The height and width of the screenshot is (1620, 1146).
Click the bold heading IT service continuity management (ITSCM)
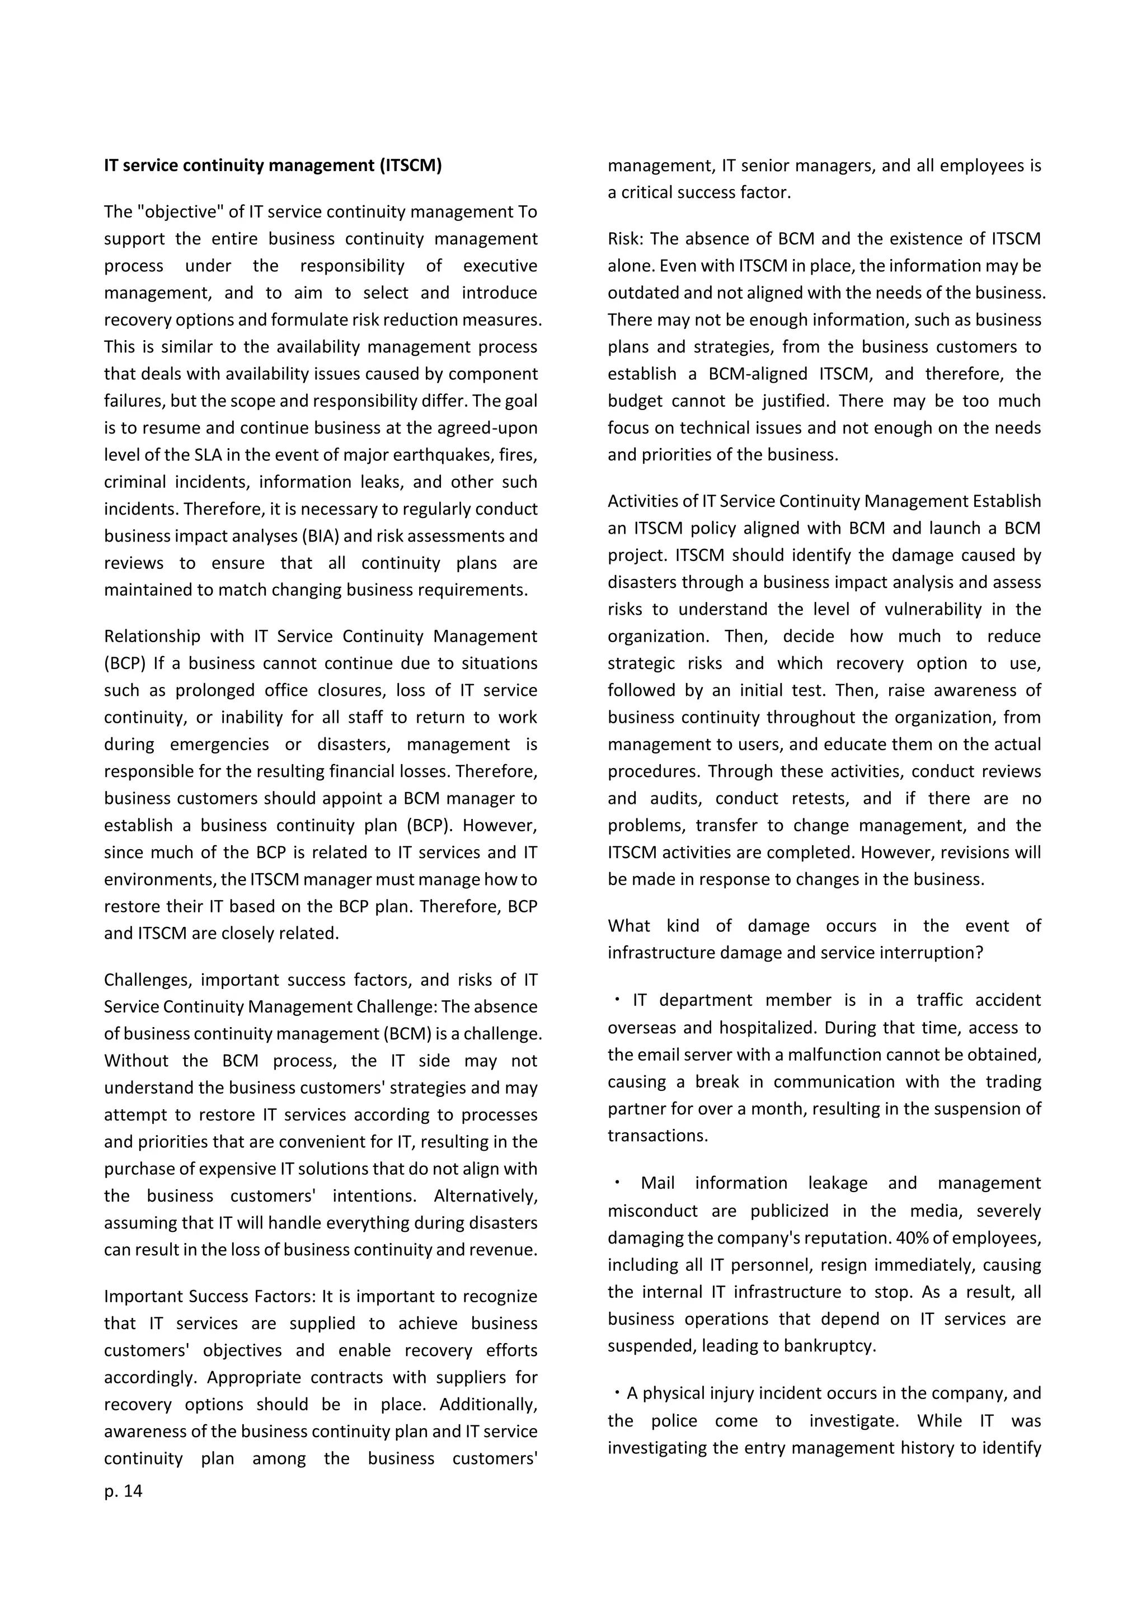(273, 165)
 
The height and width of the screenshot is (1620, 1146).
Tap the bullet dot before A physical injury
(617, 1393)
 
